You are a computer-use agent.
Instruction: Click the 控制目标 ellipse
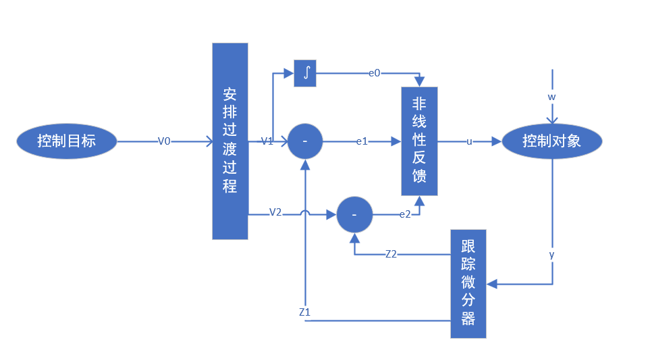pos(66,141)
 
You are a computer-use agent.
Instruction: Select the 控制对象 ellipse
pos(551,141)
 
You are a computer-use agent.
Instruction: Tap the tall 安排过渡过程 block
pos(230,141)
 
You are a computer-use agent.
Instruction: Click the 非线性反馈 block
pos(419,141)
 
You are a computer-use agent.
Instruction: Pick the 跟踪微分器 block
pos(468,283)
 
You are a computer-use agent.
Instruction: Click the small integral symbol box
pos(305,73)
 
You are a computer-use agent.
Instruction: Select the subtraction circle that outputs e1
pos(305,141)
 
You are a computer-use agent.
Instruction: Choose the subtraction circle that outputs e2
pos(355,214)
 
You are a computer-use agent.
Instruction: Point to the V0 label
pos(164,141)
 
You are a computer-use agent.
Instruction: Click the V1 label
pos(267,141)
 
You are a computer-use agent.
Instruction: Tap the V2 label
pos(275,212)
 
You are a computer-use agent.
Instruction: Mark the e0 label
pos(374,72)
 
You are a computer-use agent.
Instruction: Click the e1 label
pos(362,141)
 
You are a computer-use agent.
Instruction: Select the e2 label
pos(405,214)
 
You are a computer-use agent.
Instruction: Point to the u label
pos(469,141)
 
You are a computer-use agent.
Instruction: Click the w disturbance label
pos(551,97)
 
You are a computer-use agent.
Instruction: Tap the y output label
pos(552,254)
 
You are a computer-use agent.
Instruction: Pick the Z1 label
pos(305,312)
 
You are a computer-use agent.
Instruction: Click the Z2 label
pos(391,254)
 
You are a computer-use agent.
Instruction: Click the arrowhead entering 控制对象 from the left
pos(497,141)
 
